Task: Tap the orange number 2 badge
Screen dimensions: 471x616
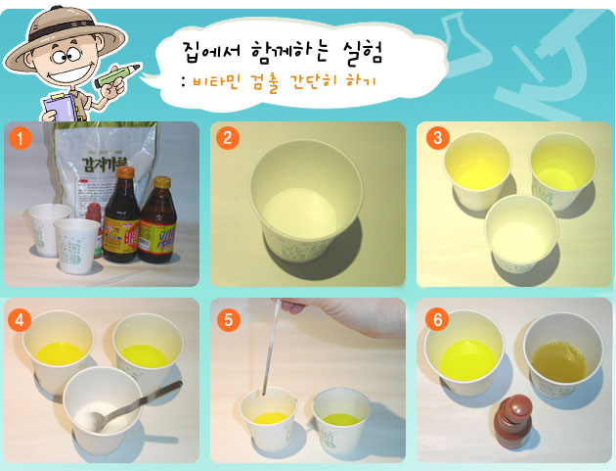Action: coord(227,138)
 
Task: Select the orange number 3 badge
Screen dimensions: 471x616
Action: coord(434,138)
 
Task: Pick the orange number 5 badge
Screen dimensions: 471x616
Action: coord(227,318)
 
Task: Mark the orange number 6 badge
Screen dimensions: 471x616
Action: coord(434,318)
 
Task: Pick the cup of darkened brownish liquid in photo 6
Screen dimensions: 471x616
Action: coord(555,356)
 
